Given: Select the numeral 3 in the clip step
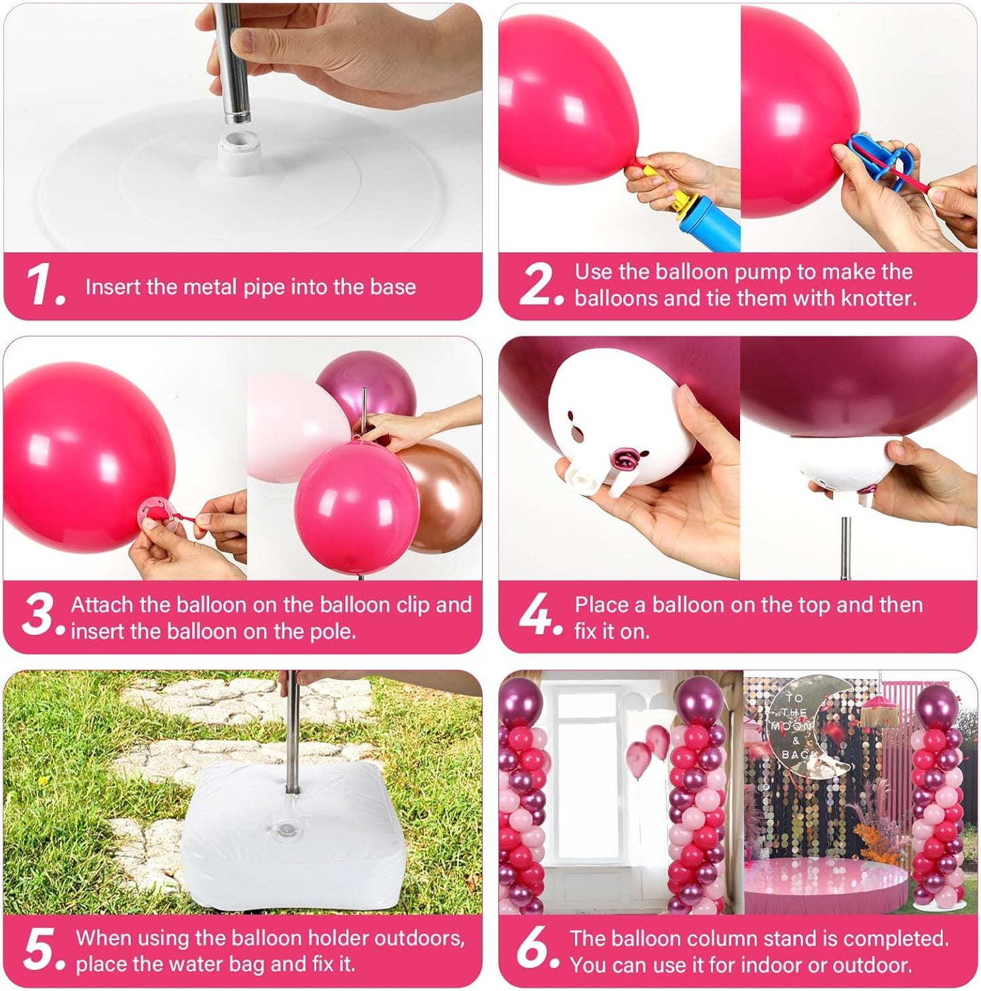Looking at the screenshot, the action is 38,613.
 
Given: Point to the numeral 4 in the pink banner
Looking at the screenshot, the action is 535,613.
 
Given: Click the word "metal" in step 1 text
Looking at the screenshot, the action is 211,287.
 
